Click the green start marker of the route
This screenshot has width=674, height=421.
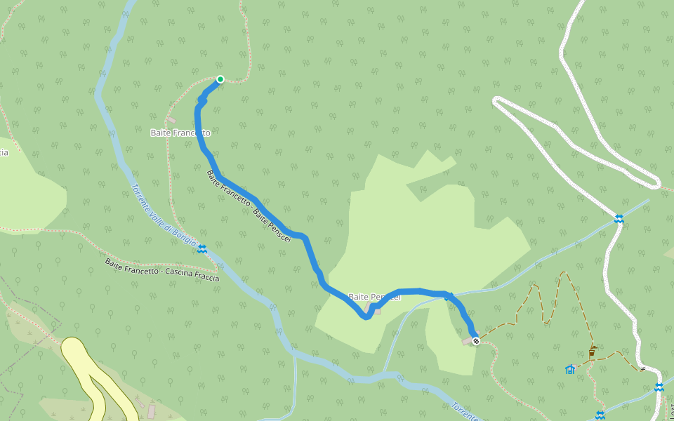click(220, 79)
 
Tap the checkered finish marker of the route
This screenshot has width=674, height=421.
click(476, 341)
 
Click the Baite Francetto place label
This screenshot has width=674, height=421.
click(180, 133)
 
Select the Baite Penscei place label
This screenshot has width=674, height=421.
click(374, 297)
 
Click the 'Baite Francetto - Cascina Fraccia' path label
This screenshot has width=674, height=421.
click(161, 270)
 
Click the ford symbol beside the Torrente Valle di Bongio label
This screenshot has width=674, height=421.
click(202, 249)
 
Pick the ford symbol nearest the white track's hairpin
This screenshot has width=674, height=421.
click(619, 219)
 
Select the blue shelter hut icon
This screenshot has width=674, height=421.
click(570, 369)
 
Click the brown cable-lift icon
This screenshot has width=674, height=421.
click(593, 352)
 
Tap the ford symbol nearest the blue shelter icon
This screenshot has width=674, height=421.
click(600, 415)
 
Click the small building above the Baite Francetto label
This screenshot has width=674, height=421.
click(171, 120)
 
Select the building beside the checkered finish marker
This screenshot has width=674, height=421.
click(467, 341)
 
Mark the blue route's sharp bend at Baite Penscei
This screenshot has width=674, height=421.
click(366, 316)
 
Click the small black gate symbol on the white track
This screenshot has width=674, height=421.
click(642, 368)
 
